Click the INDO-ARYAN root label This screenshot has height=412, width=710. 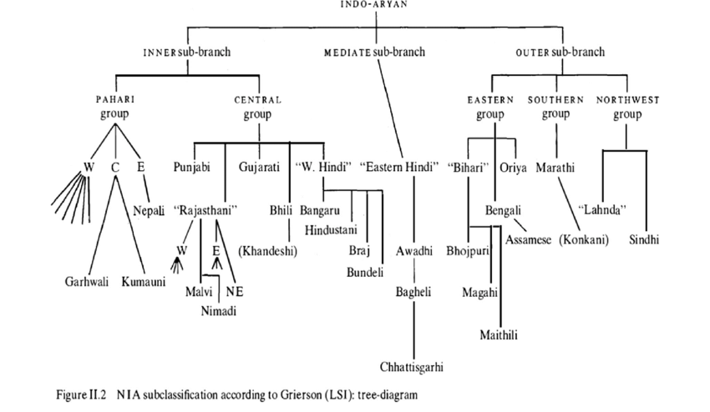coord(374,4)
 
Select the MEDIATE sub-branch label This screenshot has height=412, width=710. coord(374,52)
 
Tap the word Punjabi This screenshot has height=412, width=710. coord(192,167)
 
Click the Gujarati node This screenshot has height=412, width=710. coord(258,167)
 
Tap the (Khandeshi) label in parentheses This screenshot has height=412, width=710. coord(269,249)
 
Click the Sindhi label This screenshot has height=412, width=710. coord(644,239)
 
